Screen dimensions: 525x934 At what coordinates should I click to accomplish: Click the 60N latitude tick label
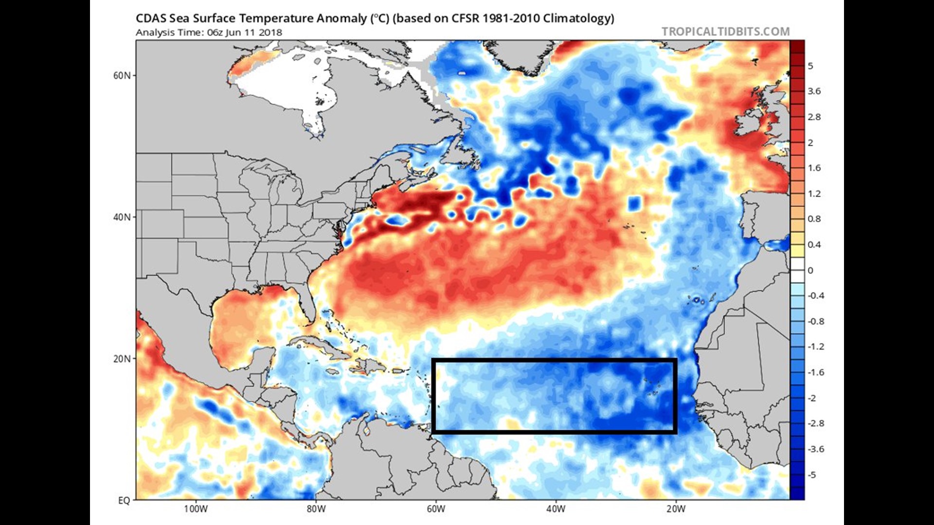coord(122,76)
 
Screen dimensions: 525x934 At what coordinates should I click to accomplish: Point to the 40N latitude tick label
coord(122,217)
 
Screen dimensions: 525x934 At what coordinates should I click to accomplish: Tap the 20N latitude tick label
coord(122,359)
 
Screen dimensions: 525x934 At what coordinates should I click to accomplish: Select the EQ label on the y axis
coord(124,500)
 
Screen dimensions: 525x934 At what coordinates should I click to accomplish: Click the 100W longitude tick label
coord(196,509)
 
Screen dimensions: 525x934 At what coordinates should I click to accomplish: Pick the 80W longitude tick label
coord(316,509)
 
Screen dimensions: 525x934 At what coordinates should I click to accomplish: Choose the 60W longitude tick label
coord(436,509)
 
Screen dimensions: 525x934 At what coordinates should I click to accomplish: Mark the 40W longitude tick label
coord(556,509)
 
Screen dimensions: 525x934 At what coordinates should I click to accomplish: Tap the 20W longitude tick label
coord(676,509)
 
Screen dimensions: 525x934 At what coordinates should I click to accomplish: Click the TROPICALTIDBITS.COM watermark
coord(725,32)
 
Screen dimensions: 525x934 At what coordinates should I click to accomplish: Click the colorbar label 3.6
coord(814,91)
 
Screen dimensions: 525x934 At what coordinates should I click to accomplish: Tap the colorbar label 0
coord(810,270)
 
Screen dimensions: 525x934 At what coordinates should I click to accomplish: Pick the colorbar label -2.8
coord(816,423)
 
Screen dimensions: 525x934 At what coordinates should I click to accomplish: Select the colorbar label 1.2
coord(814,193)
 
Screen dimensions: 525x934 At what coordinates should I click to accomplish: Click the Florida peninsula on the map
coord(306,306)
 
